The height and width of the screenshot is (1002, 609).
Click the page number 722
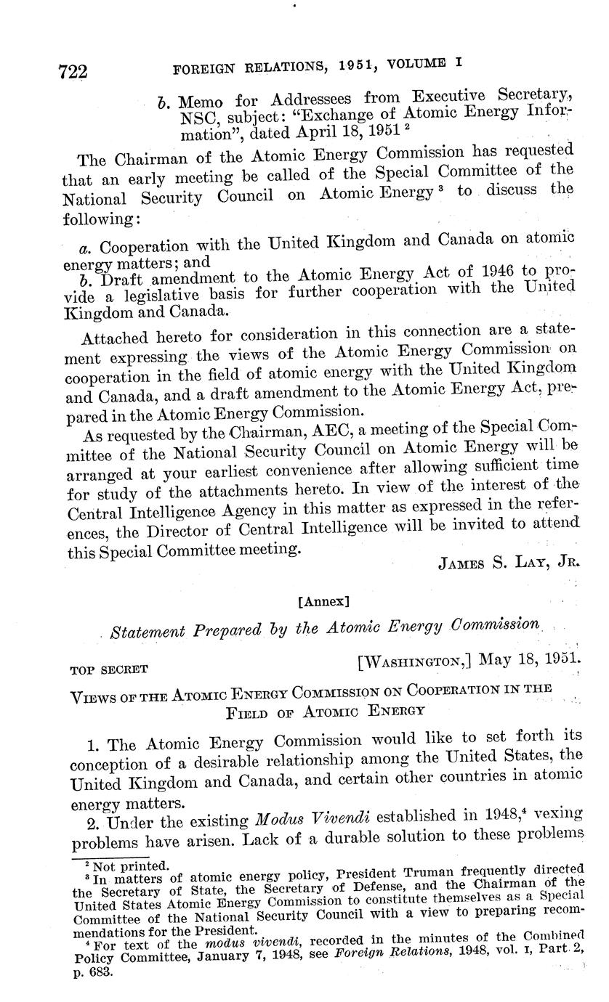click(73, 71)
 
